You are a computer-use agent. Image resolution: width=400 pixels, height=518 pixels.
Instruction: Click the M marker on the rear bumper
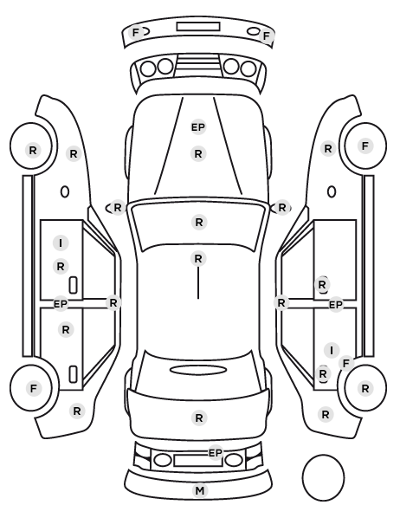click(x=199, y=491)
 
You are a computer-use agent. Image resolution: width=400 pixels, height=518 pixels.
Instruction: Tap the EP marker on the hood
click(x=198, y=126)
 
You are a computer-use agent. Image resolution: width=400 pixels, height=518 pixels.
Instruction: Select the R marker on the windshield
click(x=199, y=223)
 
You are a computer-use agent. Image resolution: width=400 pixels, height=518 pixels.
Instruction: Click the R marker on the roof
click(x=198, y=259)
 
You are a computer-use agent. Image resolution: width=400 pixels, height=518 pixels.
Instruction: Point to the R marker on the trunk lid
click(x=199, y=418)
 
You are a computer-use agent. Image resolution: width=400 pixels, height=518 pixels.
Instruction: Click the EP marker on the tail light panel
click(x=216, y=452)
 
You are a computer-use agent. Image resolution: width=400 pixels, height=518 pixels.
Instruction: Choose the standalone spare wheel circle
click(x=323, y=477)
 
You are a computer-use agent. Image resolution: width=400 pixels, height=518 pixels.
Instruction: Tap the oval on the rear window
click(x=198, y=370)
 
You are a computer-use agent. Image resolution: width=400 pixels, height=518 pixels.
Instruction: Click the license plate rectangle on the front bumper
click(x=198, y=27)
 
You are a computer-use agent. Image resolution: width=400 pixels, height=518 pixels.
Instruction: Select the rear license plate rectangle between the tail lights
click(x=198, y=460)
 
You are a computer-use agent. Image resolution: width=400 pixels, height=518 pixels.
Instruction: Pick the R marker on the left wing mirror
click(x=118, y=208)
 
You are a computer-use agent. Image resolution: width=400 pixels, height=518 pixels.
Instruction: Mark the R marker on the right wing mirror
click(x=281, y=208)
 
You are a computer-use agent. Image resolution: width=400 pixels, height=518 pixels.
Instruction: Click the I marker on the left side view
click(x=61, y=243)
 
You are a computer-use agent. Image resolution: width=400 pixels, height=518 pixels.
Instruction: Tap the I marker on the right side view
click(x=332, y=350)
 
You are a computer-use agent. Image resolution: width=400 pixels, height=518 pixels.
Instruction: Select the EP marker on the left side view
click(x=61, y=303)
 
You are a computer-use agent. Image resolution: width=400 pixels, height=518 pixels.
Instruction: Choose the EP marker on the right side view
click(x=336, y=305)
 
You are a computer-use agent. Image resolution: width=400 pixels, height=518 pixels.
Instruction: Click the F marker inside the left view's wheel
click(x=34, y=388)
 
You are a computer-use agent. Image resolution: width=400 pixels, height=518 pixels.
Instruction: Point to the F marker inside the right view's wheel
click(x=365, y=146)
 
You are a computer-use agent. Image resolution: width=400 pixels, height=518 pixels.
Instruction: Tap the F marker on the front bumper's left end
click(x=135, y=33)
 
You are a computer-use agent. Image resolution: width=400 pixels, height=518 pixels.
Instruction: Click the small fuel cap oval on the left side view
click(x=65, y=191)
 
